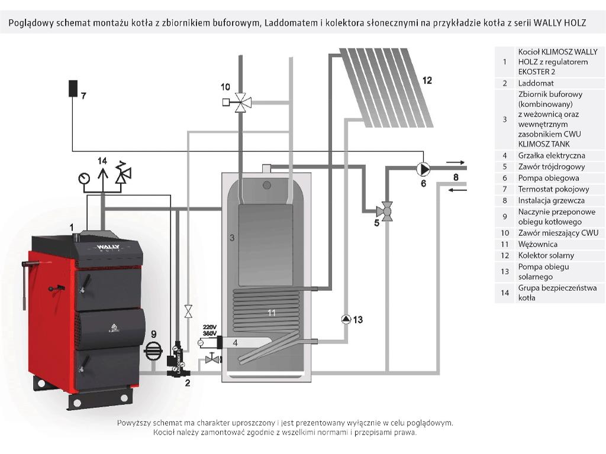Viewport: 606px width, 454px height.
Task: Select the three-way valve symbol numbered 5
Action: pyautogui.click(x=386, y=210)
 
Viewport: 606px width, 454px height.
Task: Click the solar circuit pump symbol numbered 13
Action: pyautogui.click(x=346, y=319)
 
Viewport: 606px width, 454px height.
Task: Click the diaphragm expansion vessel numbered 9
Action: pyautogui.click(x=154, y=351)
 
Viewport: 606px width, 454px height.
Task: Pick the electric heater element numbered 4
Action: pyautogui.click(x=243, y=342)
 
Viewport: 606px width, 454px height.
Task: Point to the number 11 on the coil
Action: pyautogui.click(x=271, y=313)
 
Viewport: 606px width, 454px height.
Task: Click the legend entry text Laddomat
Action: pyautogui.click(x=536, y=83)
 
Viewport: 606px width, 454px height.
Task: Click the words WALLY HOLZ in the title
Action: pyautogui.click(x=560, y=23)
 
